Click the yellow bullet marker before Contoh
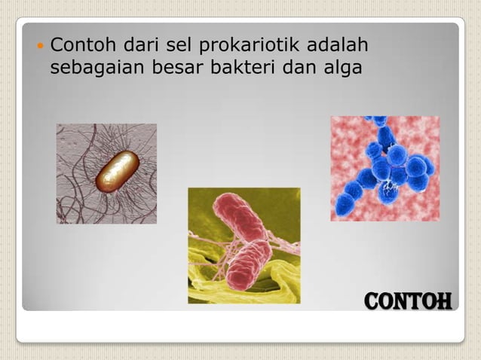(39, 47)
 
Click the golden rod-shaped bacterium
(117, 171)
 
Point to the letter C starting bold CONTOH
(372, 302)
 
